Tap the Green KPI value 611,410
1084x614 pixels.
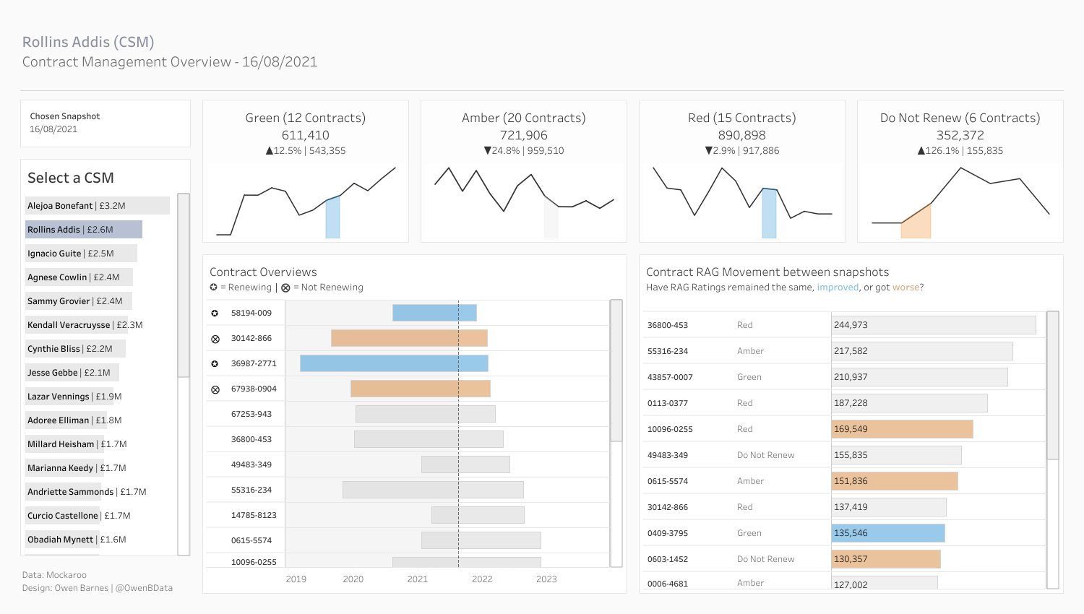(x=306, y=135)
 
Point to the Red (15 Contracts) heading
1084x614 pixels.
(x=742, y=118)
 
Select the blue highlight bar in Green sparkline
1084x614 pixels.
(x=332, y=218)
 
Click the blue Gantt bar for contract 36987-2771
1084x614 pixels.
(x=394, y=363)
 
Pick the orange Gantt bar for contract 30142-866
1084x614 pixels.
(x=409, y=338)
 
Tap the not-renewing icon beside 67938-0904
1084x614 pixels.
(x=215, y=389)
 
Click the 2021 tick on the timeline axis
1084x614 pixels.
(x=418, y=579)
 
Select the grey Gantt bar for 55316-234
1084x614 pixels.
(x=433, y=490)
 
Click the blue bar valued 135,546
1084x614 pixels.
(x=888, y=533)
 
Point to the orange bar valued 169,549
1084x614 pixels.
(x=902, y=429)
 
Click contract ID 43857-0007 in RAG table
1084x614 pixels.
(x=670, y=377)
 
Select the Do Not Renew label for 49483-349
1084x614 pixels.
(x=765, y=455)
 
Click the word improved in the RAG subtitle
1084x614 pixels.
(x=838, y=287)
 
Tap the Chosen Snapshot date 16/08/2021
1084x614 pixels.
(x=53, y=129)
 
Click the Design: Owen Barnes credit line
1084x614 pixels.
(x=98, y=588)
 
